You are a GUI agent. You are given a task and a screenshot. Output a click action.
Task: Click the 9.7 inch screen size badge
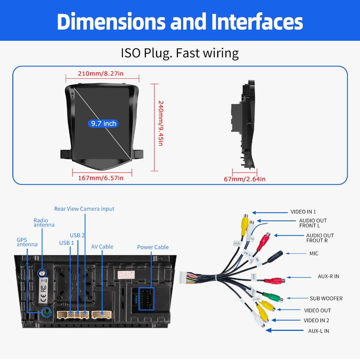pyautogui.click(x=103, y=123)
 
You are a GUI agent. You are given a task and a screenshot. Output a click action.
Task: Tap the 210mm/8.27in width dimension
pyautogui.click(x=100, y=74)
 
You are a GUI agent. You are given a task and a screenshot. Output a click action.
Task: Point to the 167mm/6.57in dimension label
pyautogui.click(x=101, y=178)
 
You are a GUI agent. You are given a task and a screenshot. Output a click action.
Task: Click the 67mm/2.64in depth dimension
pyautogui.click(x=245, y=179)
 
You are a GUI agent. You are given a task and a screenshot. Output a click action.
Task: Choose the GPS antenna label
pyautogui.click(x=27, y=242)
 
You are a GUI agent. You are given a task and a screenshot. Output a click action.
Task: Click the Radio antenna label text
pyautogui.click(x=44, y=223)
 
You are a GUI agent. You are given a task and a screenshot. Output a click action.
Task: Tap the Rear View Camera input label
pyautogui.click(x=84, y=209)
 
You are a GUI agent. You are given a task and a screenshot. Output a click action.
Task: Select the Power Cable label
pyautogui.click(x=153, y=247)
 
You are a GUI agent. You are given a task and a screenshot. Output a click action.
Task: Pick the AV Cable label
pyautogui.click(x=102, y=247)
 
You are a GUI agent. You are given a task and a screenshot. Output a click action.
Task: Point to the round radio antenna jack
pyautogui.click(x=42, y=273)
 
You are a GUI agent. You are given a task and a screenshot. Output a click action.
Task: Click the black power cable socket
pyautogui.click(x=146, y=298)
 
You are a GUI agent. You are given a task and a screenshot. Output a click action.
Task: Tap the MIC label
pyautogui.click(x=314, y=253)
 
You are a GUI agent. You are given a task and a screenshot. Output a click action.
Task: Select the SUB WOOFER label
pyautogui.click(x=326, y=298)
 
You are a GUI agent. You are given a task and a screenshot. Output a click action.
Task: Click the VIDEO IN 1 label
pyautogui.click(x=303, y=212)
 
